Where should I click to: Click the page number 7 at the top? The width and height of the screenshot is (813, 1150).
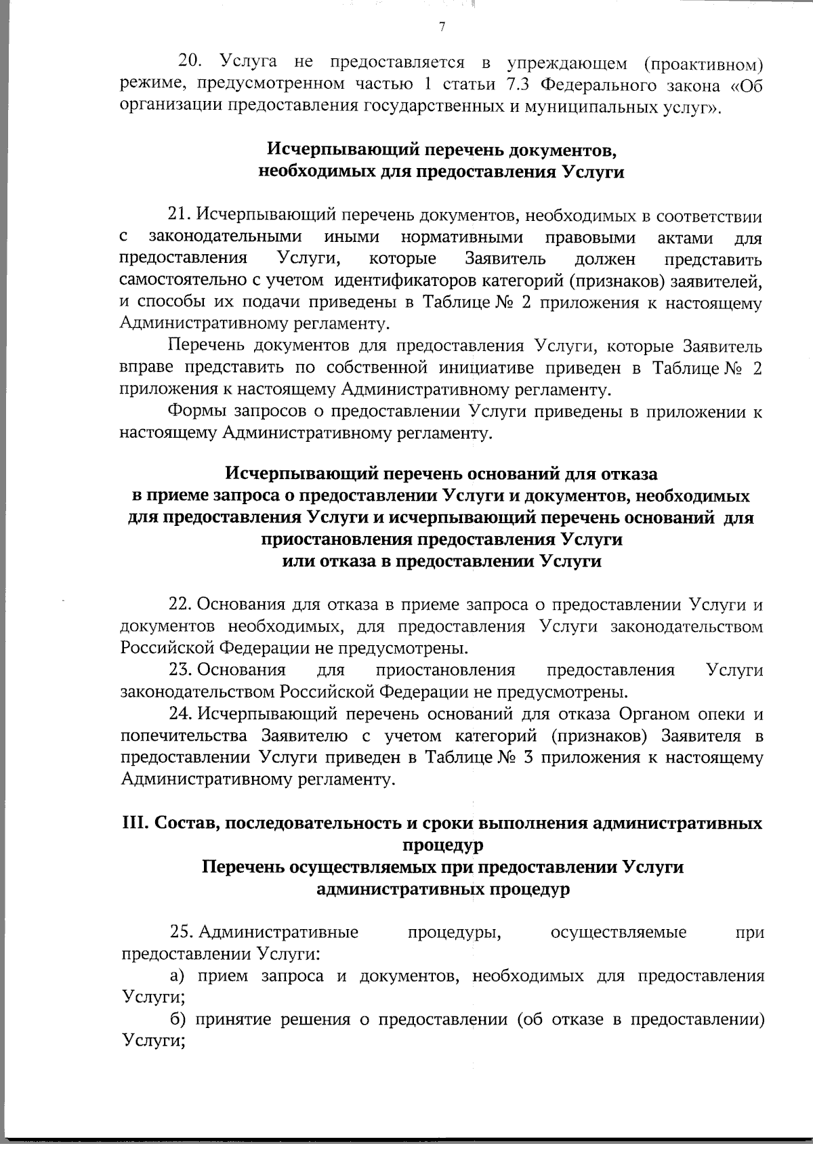442,27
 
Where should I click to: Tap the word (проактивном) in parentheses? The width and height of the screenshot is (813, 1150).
703,64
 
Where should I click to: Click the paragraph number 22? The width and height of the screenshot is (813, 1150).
180,604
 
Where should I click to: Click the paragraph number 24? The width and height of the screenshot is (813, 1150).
180,714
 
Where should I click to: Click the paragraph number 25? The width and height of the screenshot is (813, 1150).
182,932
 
